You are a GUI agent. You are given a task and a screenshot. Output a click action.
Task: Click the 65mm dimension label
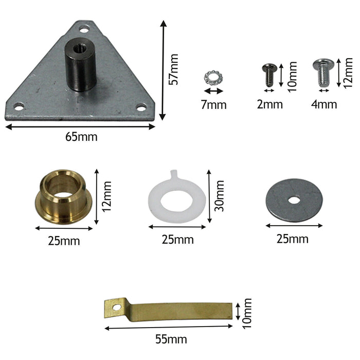click(81, 137)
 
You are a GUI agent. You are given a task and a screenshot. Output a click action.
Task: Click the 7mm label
click(213, 105)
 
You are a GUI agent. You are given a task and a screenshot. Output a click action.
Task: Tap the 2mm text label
click(269, 105)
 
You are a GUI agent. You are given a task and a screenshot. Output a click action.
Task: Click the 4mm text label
click(324, 105)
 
